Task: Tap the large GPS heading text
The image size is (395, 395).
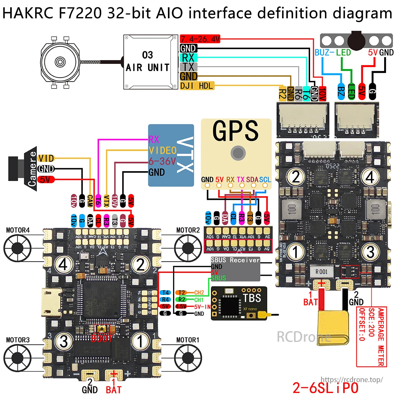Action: [235, 131]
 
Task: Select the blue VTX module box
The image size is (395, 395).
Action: [171, 155]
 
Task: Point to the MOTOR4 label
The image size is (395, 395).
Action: [18, 230]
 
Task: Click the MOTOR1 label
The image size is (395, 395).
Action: [188, 340]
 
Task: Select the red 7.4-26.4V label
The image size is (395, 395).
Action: [200, 39]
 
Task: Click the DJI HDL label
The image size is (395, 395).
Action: [197, 86]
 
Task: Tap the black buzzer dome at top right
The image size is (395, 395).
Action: [358, 40]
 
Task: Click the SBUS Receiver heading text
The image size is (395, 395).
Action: [235, 260]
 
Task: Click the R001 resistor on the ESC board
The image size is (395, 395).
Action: [321, 272]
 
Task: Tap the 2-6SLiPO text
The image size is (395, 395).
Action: [325, 388]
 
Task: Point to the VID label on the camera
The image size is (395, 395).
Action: [46, 158]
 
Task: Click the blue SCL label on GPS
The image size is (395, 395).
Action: [265, 180]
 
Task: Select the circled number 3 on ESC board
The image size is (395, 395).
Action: [370, 252]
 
